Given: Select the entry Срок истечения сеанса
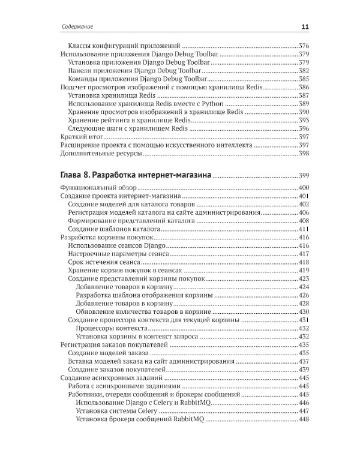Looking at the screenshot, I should [104, 263].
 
